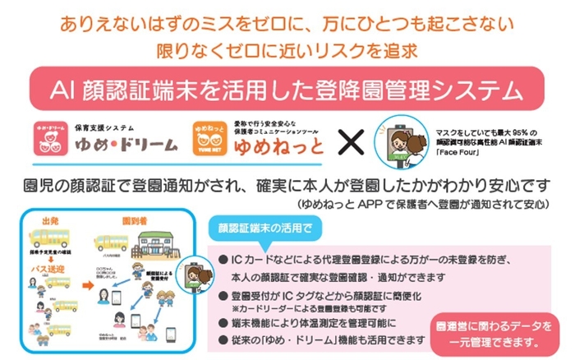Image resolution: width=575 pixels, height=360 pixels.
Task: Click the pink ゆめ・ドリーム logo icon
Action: coord(53,138)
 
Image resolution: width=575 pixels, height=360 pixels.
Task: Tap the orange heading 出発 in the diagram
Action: coord(51,220)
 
